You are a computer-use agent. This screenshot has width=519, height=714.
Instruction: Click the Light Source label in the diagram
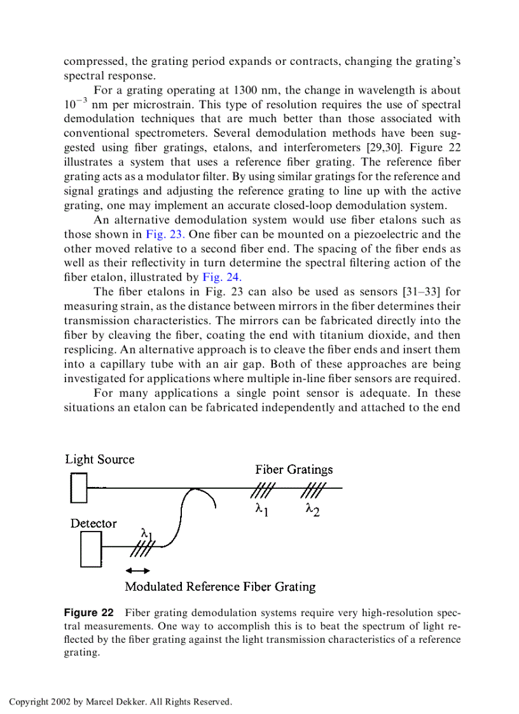click(100, 459)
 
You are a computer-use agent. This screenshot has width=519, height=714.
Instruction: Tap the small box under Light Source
click(79, 488)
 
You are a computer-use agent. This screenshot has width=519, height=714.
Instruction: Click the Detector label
click(93, 523)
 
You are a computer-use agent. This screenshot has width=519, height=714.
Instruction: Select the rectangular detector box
click(91, 549)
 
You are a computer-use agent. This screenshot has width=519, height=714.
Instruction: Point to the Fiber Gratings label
click(294, 469)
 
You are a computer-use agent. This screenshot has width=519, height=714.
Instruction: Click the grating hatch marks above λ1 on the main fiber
click(263, 488)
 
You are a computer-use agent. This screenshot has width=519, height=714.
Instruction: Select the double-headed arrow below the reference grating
click(138, 570)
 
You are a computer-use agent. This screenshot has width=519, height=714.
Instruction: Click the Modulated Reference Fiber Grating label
click(220, 586)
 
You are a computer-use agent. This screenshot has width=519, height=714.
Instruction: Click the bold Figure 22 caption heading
click(89, 613)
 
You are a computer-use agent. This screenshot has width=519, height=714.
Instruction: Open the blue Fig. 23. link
click(165, 234)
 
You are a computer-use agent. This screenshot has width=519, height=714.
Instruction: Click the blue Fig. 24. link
click(222, 277)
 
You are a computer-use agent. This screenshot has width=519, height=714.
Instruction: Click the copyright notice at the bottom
click(120, 702)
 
